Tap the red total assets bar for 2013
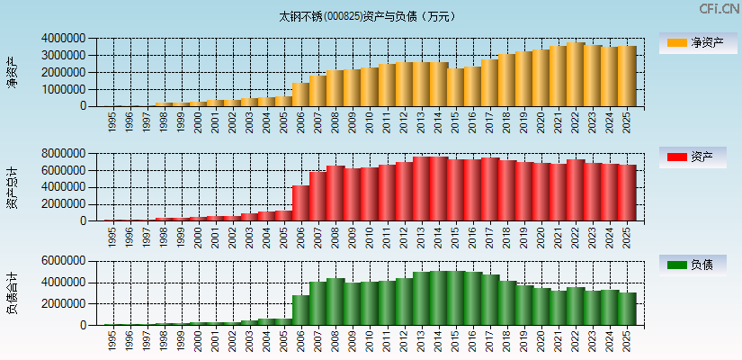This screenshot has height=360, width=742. [x=421, y=189]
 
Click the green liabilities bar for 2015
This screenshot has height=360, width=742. [x=455, y=298]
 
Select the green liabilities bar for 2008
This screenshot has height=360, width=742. [x=335, y=301]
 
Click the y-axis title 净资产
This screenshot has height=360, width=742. [x=12, y=72]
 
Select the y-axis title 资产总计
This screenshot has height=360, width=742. [x=12, y=187]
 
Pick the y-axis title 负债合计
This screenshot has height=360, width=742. [x=12, y=293]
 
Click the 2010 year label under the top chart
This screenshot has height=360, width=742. [x=369, y=122]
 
